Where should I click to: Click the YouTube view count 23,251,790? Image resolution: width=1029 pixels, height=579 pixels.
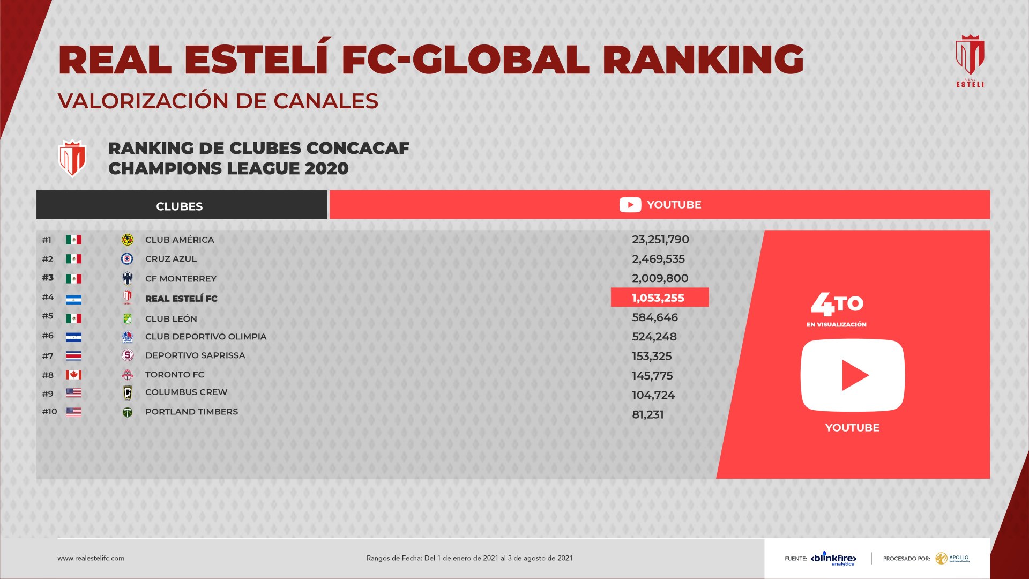point(660,240)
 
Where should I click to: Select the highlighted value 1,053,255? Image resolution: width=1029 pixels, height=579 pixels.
point(659,298)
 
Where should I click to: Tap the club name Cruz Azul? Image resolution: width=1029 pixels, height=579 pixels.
point(171,259)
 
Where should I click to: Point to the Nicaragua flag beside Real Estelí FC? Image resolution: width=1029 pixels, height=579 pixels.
point(73,299)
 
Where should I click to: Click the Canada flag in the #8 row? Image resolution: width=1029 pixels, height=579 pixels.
point(73,375)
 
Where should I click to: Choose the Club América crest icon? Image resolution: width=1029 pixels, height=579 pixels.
point(128,240)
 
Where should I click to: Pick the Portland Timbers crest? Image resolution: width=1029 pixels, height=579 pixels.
point(128,412)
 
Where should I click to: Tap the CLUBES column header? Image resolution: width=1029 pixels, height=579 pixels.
point(180,206)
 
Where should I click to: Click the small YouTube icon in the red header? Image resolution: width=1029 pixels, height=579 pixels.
point(630,205)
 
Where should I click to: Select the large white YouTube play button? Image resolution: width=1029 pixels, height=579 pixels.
point(852,375)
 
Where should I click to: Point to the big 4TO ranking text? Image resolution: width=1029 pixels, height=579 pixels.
point(837,304)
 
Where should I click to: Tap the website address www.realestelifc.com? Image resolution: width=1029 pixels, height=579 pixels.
point(91,558)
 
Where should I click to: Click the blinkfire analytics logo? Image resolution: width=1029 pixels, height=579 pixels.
point(833,558)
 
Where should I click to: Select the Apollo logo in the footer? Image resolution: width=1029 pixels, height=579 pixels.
point(953,558)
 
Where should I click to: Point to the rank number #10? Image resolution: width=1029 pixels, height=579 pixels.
point(50,412)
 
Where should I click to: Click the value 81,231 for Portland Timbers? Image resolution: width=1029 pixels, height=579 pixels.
point(648,414)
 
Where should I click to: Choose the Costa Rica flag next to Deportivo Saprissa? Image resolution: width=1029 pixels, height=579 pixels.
point(73,356)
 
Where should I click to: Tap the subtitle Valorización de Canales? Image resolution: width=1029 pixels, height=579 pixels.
point(218,101)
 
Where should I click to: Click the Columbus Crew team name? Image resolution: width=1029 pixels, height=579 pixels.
point(186,392)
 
